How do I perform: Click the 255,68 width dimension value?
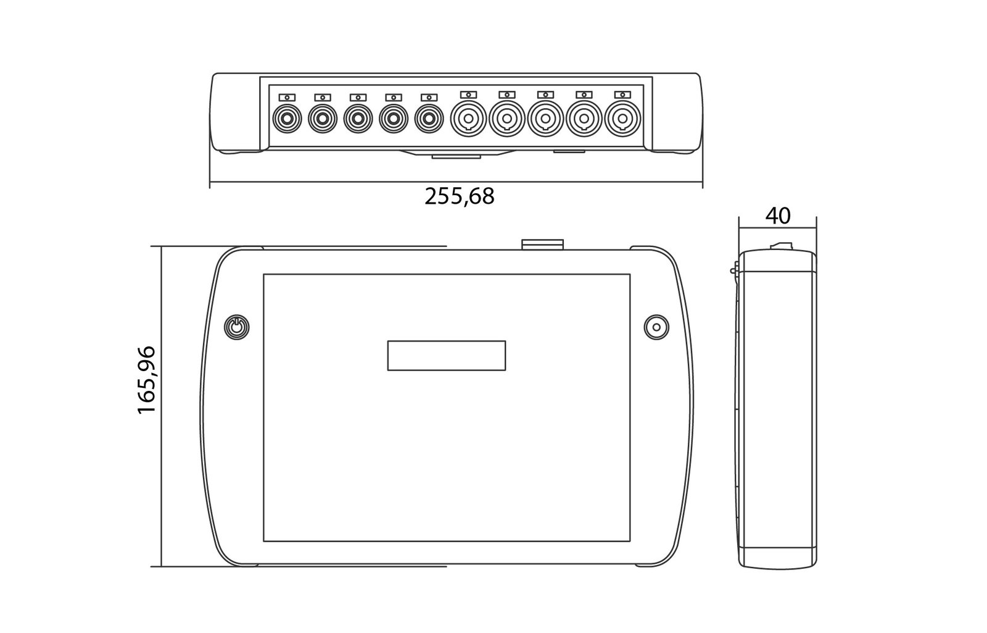point(460,196)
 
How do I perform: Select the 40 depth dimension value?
point(778,216)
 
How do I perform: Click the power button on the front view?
point(237,327)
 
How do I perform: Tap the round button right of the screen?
point(656,327)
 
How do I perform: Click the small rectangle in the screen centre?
point(447,356)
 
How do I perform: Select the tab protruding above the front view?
point(542,245)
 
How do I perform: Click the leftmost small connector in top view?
point(287,119)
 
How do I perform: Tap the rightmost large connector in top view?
point(622,119)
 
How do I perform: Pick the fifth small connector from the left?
point(429,119)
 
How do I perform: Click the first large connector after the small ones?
point(468,119)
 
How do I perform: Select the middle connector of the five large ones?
point(545,119)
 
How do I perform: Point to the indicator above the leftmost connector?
point(287,98)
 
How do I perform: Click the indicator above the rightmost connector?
point(622,95)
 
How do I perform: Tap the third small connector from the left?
point(358,119)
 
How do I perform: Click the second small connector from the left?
point(323,119)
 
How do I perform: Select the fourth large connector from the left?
point(584,119)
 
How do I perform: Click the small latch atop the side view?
point(781,246)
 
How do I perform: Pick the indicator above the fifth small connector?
point(429,98)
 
